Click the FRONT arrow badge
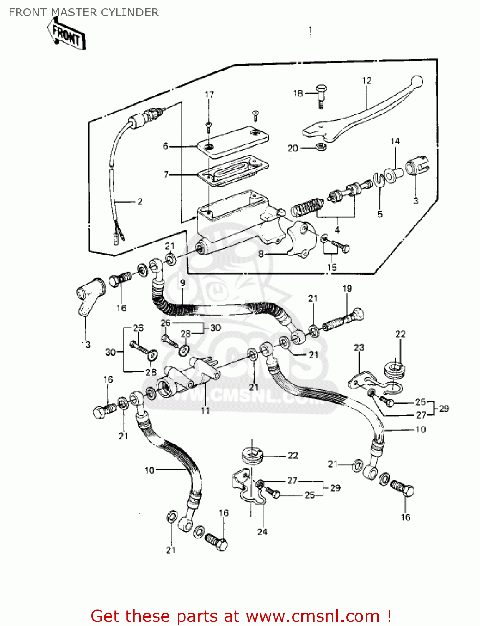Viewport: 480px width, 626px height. click(67, 36)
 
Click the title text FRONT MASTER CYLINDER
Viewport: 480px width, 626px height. click(83, 13)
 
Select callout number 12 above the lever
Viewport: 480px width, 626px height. click(366, 81)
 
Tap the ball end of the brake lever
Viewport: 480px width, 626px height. click(417, 81)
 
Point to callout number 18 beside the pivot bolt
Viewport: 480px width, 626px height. click(298, 93)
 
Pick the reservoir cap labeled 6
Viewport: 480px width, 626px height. click(234, 141)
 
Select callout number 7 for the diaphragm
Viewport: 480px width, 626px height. click(166, 174)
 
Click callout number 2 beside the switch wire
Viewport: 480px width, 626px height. click(139, 202)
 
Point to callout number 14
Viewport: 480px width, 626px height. click(395, 141)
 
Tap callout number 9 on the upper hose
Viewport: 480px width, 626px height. click(182, 283)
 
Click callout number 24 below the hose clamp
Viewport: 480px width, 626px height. click(262, 532)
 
